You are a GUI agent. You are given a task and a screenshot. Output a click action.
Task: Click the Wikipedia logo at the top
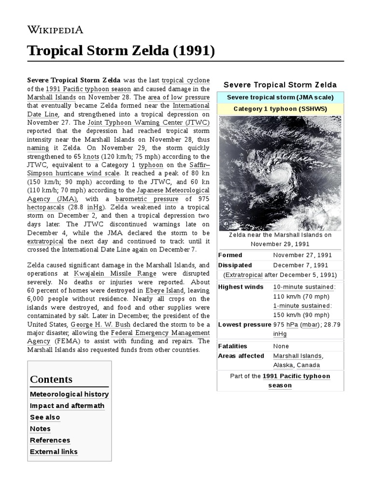[x=55, y=30]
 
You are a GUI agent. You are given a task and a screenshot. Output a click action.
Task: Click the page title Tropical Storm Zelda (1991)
[x=121, y=50]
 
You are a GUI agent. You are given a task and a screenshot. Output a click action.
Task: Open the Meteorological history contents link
[x=69, y=394]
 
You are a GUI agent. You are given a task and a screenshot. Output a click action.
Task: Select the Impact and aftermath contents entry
[x=67, y=406]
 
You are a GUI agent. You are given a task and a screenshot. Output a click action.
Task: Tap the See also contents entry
[x=45, y=417]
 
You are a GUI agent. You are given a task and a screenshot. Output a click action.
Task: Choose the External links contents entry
[x=54, y=452]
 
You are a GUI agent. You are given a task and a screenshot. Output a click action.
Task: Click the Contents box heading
[x=51, y=379]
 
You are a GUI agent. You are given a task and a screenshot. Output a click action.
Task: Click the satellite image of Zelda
[x=280, y=173]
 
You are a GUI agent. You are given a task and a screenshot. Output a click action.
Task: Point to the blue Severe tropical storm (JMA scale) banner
[x=280, y=97]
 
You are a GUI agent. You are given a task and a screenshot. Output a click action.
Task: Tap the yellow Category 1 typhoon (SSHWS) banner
[x=280, y=109]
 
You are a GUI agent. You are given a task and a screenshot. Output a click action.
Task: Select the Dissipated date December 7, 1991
[x=300, y=265]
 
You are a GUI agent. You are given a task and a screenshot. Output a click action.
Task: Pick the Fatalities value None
[x=281, y=346]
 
